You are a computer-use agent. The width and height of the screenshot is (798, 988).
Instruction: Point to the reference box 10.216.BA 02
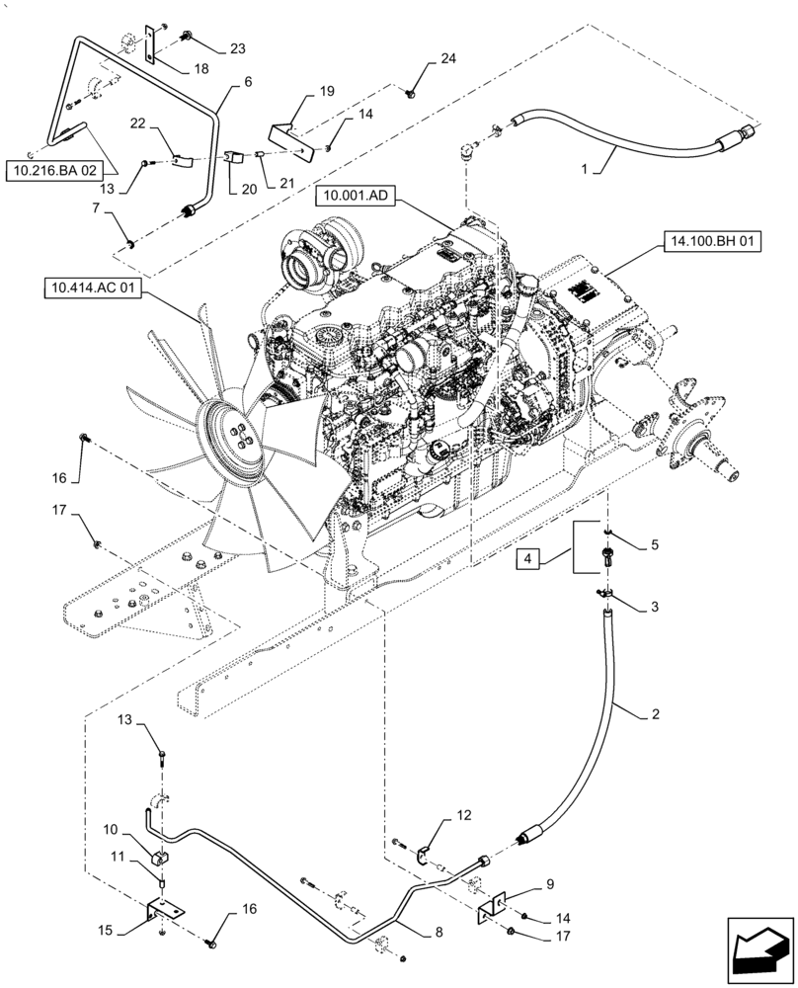click(x=56, y=170)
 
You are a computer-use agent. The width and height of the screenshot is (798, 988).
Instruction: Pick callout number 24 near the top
click(x=448, y=60)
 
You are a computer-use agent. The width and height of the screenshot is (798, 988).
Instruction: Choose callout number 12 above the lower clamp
click(x=463, y=816)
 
